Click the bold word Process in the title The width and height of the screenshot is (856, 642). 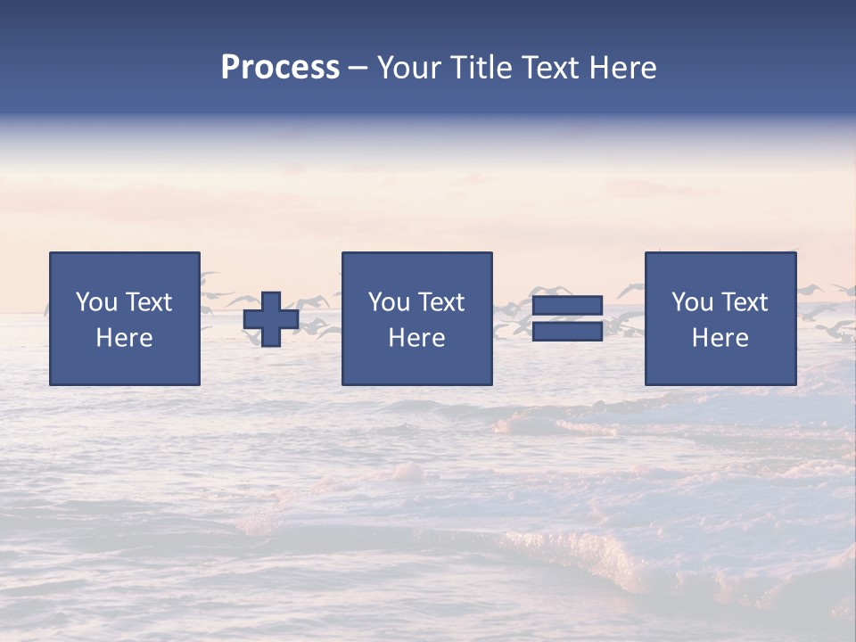280,68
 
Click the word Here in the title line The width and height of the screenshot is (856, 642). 624,68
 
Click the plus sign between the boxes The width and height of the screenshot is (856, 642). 271,319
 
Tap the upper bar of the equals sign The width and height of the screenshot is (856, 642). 567,306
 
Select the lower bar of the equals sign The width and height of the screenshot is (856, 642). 567,331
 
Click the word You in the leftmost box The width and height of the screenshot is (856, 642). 96,302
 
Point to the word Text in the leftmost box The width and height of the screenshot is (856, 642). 148,302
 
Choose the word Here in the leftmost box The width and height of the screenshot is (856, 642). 124,338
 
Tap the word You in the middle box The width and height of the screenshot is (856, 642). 389,302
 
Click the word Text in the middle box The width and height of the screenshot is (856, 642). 440,302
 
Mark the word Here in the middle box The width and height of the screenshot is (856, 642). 416,338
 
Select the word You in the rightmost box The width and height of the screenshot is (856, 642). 692,302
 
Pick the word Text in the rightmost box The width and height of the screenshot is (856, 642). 744,302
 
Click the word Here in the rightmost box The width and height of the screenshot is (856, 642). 720,338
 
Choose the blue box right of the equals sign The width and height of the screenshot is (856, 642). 720,366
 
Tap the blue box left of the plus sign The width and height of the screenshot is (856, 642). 125,366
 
